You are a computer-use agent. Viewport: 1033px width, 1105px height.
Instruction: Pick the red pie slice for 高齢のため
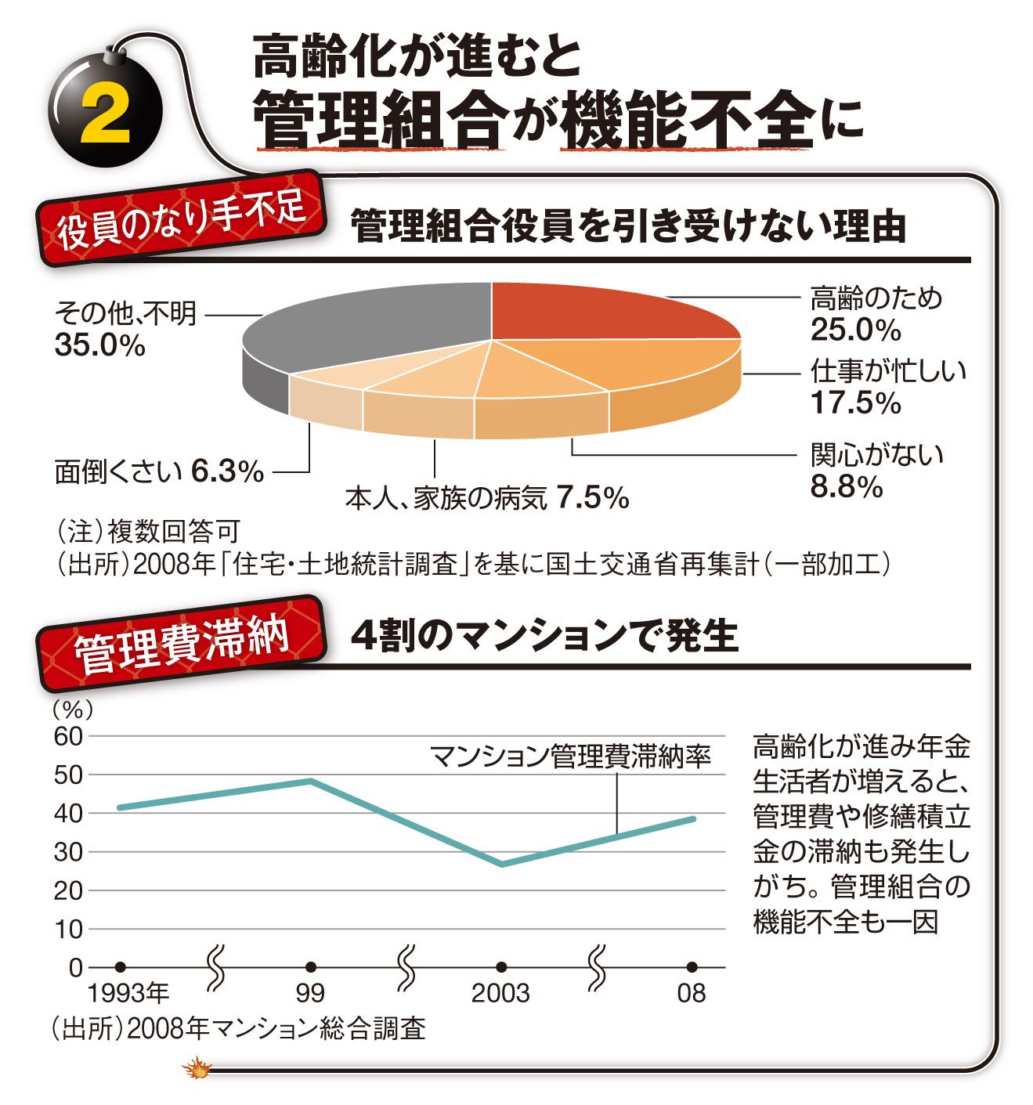point(595,313)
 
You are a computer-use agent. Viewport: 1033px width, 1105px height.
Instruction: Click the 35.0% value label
point(99,345)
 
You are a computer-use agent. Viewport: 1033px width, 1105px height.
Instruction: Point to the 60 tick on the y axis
point(68,735)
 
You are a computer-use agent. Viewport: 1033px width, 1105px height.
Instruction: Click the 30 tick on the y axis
point(68,852)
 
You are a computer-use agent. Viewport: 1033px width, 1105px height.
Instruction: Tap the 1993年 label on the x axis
point(128,994)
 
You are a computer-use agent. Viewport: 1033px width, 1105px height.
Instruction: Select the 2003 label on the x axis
point(500,994)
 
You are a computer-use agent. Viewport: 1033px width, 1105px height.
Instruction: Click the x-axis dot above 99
point(311,967)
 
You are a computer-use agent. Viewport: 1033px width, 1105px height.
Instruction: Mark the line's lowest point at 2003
point(501,865)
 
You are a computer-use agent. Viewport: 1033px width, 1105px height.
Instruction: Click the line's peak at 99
point(311,780)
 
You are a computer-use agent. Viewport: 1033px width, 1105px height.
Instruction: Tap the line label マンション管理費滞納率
point(571,757)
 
